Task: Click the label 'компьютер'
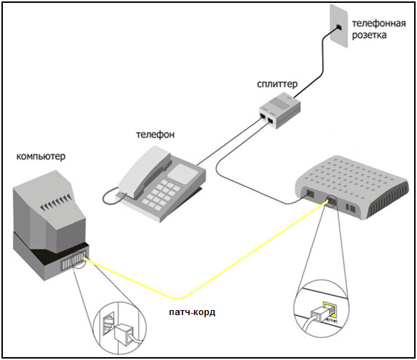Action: click(x=41, y=156)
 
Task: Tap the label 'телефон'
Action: click(x=155, y=135)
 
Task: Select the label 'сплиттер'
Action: click(x=277, y=84)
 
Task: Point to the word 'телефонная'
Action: click(x=379, y=24)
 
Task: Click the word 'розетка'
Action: click(x=369, y=36)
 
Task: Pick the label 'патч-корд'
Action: click(x=192, y=312)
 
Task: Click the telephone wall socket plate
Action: click(x=339, y=26)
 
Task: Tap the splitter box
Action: click(x=280, y=110)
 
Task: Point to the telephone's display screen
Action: click(x=182, y=172)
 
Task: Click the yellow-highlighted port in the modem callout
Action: click(x=329, y=310)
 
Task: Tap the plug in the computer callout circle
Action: click(x=124, y=334)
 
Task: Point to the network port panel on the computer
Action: click(x=74, y=259)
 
